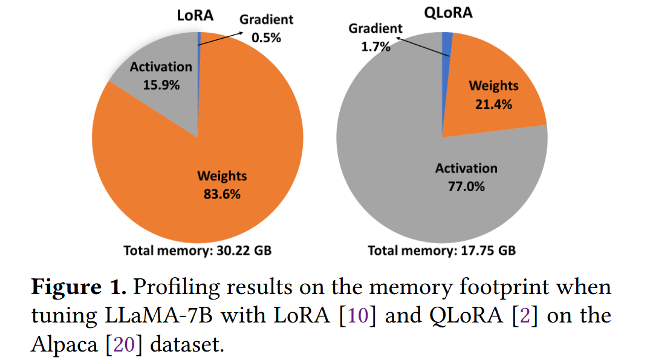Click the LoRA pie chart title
point(195,15)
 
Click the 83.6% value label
point(223,195)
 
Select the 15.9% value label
point(161,85)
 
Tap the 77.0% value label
point(466,186)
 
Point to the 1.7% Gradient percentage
point(375,47)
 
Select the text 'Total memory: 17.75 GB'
point(441,250)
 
